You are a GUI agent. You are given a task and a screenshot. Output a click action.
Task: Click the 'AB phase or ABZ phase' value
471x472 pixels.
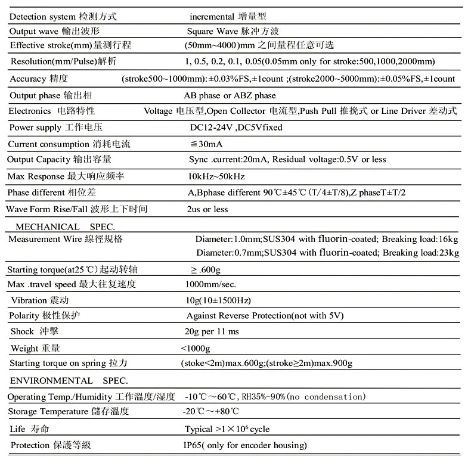click(x=230, y=95)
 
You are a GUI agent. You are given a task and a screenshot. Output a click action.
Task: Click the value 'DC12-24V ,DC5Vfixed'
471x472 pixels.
click(x=235, y=127)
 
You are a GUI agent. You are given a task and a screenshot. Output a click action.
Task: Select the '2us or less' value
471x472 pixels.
click(x=207, y=209)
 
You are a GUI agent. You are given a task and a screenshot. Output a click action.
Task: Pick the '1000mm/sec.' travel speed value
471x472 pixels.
click(x=210, y=284)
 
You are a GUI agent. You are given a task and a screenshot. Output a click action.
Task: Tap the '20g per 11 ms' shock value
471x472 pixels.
click(x=212, y=331)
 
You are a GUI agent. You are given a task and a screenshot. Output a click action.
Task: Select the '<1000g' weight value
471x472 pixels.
click(x=196, y=347)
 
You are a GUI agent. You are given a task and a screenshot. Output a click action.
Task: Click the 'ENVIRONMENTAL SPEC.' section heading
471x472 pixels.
click(x=68, y=380)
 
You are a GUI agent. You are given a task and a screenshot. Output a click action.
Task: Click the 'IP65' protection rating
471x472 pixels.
click(x=195, y=445)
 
